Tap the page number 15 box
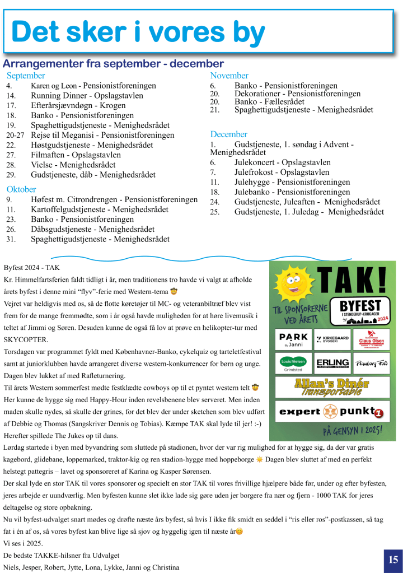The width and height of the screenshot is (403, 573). coord(392,560)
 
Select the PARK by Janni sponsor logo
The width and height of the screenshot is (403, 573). coord(293,339)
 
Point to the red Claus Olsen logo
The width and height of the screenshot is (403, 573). coord(371,339)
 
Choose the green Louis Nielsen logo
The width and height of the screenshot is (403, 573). coord(293,363)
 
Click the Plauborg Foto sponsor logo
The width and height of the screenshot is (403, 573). coord(371,363)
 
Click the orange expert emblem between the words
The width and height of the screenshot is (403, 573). coord(331,412)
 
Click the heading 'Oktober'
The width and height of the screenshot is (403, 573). coord(21,189)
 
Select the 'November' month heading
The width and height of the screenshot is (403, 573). coord(229,76)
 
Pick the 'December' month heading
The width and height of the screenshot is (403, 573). coord(229,134)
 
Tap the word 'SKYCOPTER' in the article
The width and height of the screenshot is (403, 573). coord(26,340)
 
